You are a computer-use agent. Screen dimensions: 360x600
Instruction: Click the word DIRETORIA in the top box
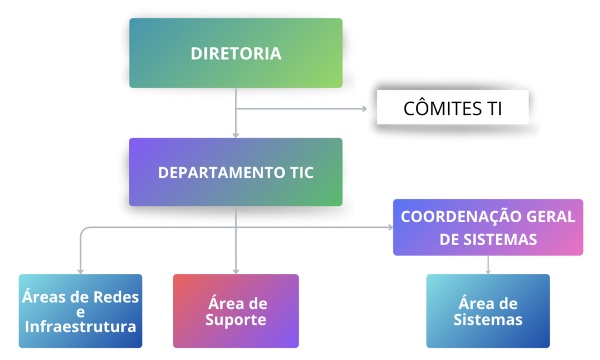click(x=236, y=53)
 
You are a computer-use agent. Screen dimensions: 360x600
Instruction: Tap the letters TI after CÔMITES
click(x=493, y=108)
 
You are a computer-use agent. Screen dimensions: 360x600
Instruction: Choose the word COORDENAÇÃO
click(x=451, y=216)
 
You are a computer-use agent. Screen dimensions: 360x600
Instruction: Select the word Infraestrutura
click(x=80, y=326)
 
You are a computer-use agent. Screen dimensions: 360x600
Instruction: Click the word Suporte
click(x=236, y=320)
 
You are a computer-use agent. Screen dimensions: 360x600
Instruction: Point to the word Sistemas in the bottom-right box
click(x=488, y=320)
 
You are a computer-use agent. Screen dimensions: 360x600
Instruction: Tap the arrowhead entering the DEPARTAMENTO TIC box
click(x=236, y=134)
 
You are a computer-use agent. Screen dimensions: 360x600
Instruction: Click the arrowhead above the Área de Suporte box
click(x=236, y=271)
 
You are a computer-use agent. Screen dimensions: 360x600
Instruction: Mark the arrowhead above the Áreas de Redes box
click(x=80, y=271)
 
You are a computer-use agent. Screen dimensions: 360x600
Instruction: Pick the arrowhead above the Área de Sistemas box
click(x=488, y=271)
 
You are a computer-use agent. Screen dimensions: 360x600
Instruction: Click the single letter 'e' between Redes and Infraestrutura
click(x=80, y=312)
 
